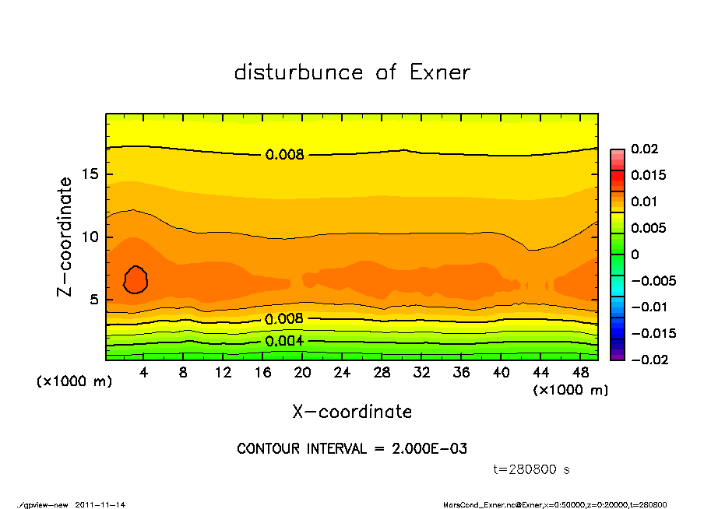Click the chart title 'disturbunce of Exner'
click(x=352, y=72)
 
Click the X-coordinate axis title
click(x=352, y=412)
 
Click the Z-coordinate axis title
click(x=65, y=236)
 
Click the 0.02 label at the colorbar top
click(x=645, y=149)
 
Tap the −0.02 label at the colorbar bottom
click(x=648, y=360)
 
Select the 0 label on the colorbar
click(x=635, y=254)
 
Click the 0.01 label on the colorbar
click(x=645, y=202)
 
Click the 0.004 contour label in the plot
click(x=284, y=341)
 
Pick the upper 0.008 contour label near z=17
click(x=284, y=155)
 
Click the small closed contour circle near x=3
click(x=136, y=279)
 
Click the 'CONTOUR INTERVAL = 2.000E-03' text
click(x=352, y=448)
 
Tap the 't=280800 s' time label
click(x=532, y=469)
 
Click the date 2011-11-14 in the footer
click(x=100, y=504)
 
